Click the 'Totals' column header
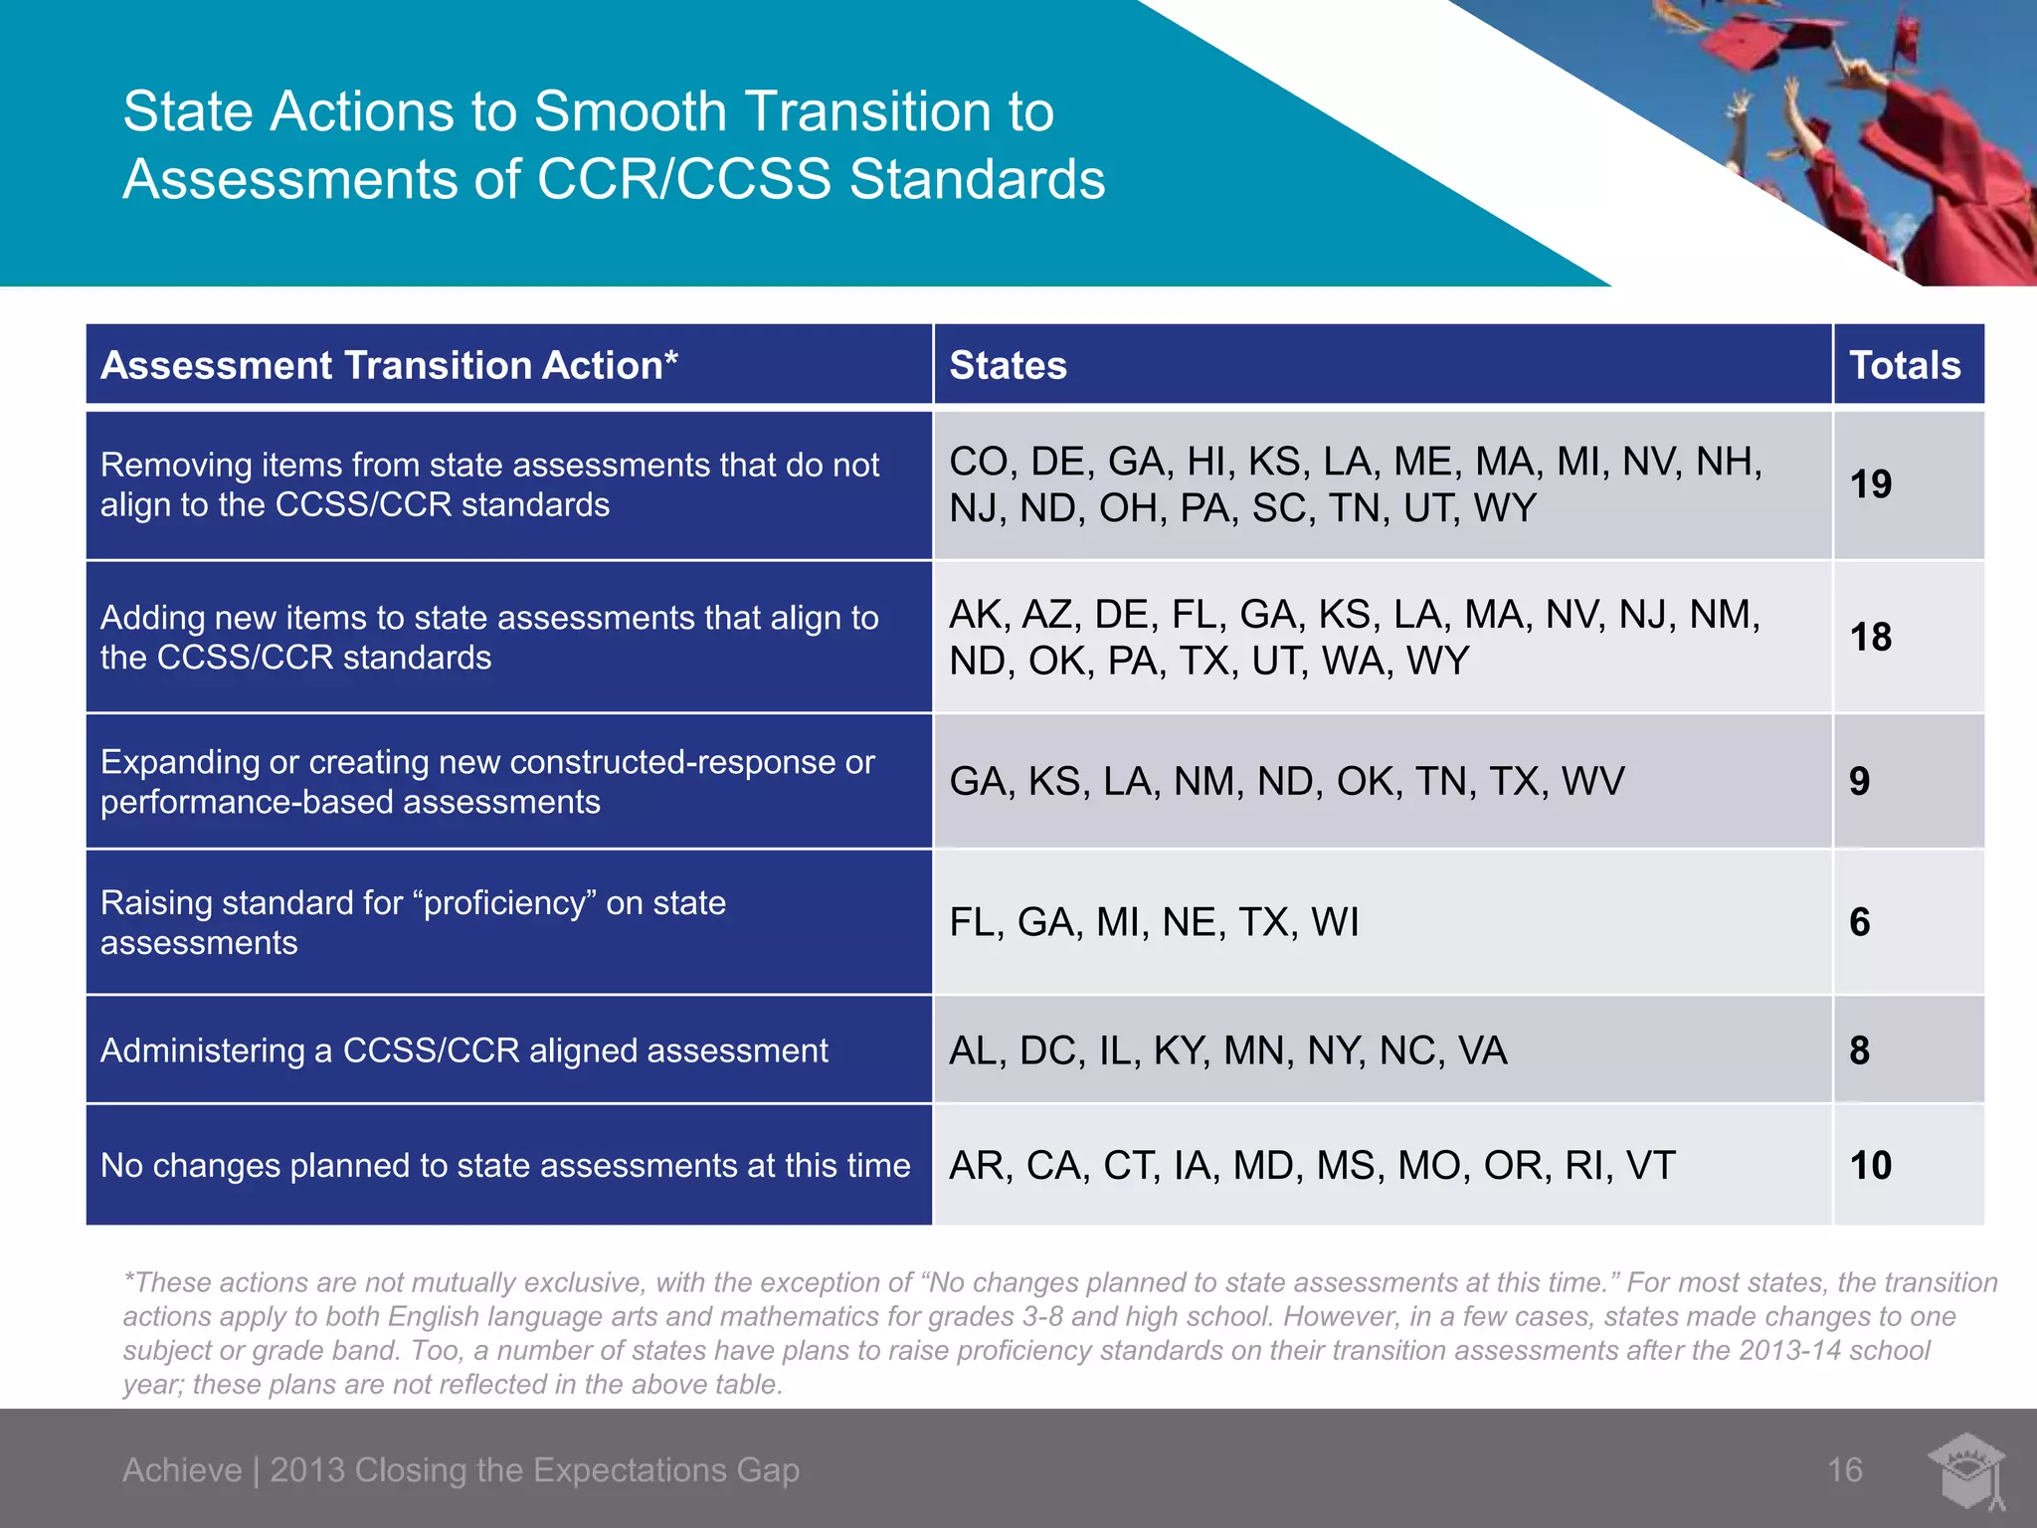click(1905, 365)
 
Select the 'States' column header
click(1008, 365)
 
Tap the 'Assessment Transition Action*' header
click(389, 365)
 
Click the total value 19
click(1870, 484)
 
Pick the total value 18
click(1870, 638)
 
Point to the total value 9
click(1859, 781)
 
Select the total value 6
click(1859, 922)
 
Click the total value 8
click(1859, 1050)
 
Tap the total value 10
click(1870, 1165)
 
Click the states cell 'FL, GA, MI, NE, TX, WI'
click(1154, 922)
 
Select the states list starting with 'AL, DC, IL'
click(1227, 1050)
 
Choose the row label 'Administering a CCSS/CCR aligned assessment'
click(463, 1050)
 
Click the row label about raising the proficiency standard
click(413, 922)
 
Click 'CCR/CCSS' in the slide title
click(683, 179)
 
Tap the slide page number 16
click(1844, 1469)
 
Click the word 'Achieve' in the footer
click(182, 1469)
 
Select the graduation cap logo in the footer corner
click(1965, 1470)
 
